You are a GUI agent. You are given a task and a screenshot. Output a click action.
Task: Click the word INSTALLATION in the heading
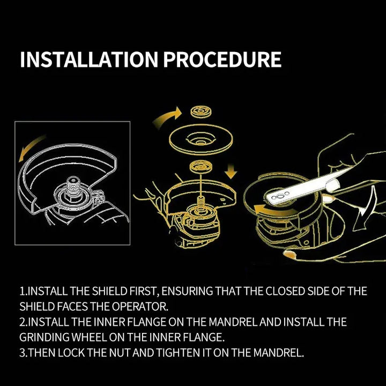pos(89,60)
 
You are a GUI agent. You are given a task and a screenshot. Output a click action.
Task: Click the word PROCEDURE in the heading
pos(222,60)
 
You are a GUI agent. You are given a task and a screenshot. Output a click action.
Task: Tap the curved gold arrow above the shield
pos(32,148)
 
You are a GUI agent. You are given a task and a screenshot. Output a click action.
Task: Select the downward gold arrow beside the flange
pos(231,170)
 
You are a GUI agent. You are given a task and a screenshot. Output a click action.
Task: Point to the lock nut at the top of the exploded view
pos(201,112)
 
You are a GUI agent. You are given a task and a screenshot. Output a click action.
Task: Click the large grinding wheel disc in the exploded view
pos(201,141)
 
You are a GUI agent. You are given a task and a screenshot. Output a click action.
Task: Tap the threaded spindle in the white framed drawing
pos(72,187)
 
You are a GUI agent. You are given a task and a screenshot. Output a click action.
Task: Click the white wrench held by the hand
pos(305,188)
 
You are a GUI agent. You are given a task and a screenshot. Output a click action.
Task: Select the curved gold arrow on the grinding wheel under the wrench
pos(273,211)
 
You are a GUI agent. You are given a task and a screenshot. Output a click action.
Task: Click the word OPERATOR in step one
pos(140,307)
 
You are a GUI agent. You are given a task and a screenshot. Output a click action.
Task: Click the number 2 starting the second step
pos(23,322)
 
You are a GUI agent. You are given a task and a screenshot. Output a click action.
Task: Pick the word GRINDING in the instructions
pos(44,337)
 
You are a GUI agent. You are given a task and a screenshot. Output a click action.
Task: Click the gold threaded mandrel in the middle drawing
pos(201,202)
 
